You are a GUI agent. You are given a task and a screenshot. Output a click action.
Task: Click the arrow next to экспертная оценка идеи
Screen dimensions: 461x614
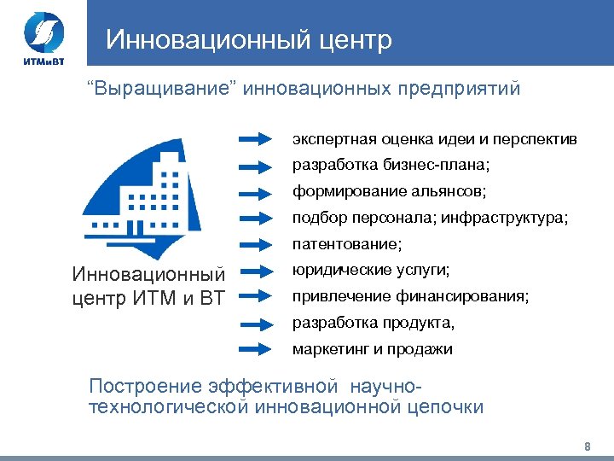pyautogui.click(x=259, y=138)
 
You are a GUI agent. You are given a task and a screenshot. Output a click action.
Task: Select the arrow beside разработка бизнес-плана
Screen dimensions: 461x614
pyautogui.click(x=259, y=165)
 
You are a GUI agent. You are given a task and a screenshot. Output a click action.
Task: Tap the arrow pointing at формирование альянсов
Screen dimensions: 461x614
pyautogui.click(x=259, y=191)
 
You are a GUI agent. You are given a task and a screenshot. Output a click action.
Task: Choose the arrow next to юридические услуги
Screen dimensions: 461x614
pyautogui.click(x=259, y=271)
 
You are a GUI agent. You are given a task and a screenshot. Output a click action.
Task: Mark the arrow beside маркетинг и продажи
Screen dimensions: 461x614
pyautogui.click(x=259, y=349)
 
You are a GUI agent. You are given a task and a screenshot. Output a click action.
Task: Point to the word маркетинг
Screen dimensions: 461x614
pyautogui.click(x=325, y=349)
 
